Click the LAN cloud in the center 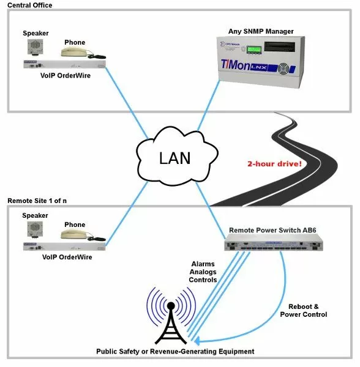(174, 158)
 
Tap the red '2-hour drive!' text (265, 165)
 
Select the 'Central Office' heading (29, 5)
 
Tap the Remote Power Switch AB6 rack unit (272, 245)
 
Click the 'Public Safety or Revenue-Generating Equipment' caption (174, 352)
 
